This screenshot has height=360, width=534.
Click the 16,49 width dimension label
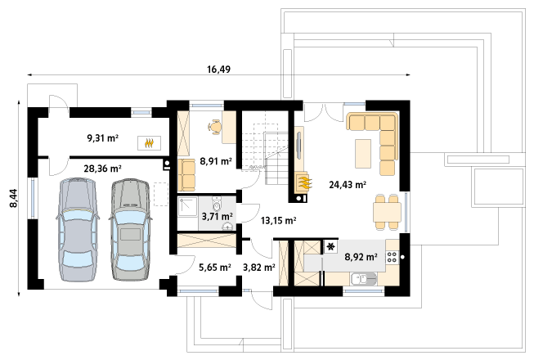(x=218, y=70)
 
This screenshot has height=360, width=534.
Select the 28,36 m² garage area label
(x=102, y=169)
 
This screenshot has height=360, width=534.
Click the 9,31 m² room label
(x=102, y=138)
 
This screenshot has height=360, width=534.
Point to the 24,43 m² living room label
(x=348, y=185)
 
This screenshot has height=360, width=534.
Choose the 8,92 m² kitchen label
(x=361, y=256)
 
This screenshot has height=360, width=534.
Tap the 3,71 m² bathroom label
(x=218, y=216)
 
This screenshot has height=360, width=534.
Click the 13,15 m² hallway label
(x=278, y=221)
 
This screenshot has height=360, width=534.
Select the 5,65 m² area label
(x=215, y=268)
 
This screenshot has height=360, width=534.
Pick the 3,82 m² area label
(x=259, y=268)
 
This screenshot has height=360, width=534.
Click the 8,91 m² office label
(x=216, y=161)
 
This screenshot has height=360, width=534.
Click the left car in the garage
(x=78, y=230)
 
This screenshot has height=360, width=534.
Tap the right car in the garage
(x=131, y=230)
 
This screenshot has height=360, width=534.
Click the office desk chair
(x=214, y=127)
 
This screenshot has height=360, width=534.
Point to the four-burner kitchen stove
(x=392, y=256)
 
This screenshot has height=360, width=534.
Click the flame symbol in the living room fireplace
(x=303, y=182)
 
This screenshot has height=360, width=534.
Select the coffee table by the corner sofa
(x=363, y=153)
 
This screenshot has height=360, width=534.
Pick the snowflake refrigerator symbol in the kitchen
(x=330, y=247)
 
